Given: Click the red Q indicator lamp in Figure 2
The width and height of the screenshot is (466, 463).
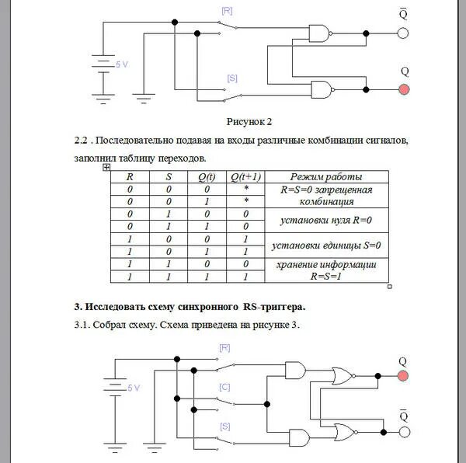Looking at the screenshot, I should coord(404,89).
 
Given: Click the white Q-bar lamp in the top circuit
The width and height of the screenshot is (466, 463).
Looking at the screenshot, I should coord(403,33).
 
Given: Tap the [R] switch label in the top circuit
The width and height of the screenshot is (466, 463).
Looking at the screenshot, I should coord(227,11).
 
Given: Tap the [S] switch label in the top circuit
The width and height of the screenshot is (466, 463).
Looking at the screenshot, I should coord(232,78).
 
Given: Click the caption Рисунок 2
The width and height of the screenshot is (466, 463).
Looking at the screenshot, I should coord(249,121).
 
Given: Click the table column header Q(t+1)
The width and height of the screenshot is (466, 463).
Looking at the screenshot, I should coord(246,176).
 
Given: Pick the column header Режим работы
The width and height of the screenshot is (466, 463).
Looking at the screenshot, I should coord(326,176).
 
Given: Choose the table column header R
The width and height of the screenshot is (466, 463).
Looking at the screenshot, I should coord(130,176).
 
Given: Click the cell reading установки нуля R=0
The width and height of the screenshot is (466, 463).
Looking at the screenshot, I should coord(326,221).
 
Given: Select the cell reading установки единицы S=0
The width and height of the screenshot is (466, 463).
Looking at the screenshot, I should coord(326,245).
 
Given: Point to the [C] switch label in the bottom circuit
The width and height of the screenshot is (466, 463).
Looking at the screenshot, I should coord(224,386).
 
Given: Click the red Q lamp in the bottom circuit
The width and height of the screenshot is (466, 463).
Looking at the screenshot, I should coord(403,376).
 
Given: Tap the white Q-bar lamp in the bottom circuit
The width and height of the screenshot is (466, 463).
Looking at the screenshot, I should coord(403,430).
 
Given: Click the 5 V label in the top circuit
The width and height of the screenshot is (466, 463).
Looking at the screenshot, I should coord(123,65).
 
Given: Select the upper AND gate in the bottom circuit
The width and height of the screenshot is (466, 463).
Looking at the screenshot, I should coord(295,369).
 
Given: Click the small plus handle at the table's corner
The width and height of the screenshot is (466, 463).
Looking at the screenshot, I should coord(106,167).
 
